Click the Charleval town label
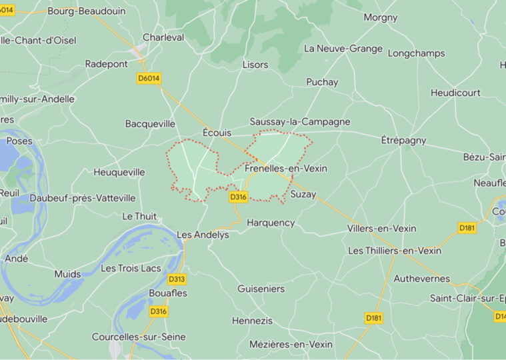(163, 37)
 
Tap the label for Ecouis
(217, 133)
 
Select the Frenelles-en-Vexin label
(286, 169)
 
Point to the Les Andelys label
(203, 235)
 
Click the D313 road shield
(177, 279)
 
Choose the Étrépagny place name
(403, 141)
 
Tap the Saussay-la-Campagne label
(299, 122)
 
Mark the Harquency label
(271, 223)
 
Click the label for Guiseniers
(261, 289)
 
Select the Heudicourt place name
(455, 93)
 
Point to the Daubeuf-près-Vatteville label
(83, 198)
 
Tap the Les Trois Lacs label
(130, 268)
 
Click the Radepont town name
(106, 64)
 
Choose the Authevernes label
(422, 279)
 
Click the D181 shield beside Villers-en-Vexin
(467, 228)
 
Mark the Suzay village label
(303, 195)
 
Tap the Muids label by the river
(68, 274)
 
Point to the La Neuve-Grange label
(343, 49)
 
